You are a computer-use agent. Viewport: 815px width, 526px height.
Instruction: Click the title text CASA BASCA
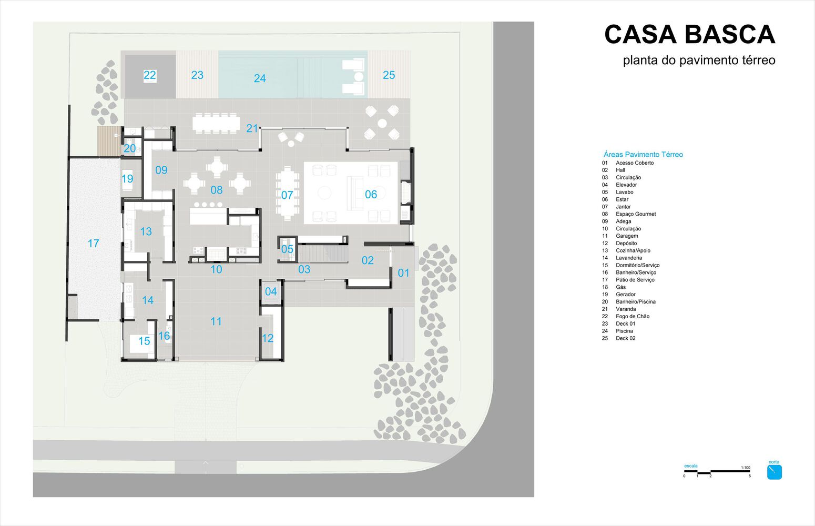(x=690, y=35)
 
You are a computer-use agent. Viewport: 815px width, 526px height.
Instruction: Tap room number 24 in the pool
(x=260, y=78)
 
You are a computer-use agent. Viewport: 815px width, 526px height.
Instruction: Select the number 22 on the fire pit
(x=149, y=75)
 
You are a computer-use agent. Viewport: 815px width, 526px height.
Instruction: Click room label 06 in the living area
(x=371, y=195)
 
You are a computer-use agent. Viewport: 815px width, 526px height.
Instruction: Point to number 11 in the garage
(x=216, y=321)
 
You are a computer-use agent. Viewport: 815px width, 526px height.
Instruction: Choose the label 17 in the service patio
(x=94, y=243)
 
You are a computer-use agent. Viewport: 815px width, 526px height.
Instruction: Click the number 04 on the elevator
(x=271, y=291)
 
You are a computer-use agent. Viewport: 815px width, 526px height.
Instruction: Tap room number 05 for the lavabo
(x=287, y=249)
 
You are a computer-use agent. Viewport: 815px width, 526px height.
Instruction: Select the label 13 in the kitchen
(x=146, y=231)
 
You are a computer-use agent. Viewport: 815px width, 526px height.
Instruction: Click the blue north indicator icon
(x=774, y=472)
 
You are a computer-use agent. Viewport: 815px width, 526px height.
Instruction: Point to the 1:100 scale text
(x=746, y=468)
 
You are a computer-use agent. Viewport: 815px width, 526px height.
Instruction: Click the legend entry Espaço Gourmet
(x=636, y=214)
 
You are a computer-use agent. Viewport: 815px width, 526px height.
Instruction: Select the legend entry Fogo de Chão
(x=633, y=316)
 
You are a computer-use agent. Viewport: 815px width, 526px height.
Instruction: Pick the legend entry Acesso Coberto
(x=635, y=163)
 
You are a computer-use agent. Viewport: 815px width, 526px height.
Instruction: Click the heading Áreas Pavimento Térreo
(x=643, y=154)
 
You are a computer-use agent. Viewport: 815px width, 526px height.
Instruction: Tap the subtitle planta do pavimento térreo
(x=699, y=60)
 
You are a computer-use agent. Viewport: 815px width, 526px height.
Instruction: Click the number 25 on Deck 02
(x=389, y=75)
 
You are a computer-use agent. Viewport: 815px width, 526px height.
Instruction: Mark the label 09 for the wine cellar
(x=161, y=170)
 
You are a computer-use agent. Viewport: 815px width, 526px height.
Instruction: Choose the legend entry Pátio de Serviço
(x=635, y=280)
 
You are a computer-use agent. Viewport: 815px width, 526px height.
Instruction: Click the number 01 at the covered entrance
(x=403, y=273)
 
